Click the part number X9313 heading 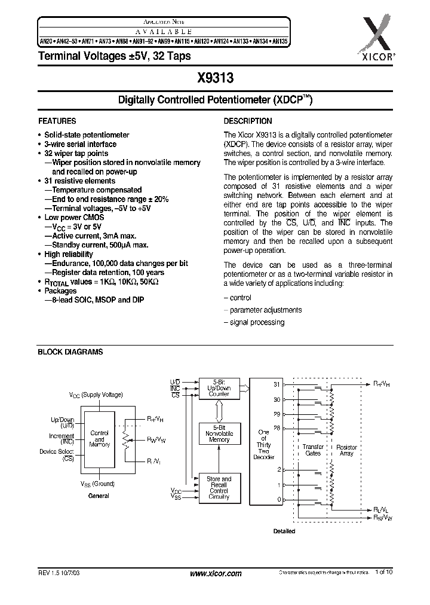click(215, 77)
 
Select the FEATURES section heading click(57, 120)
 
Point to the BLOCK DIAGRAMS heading click(70, 352)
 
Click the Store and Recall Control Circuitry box click(219, 488)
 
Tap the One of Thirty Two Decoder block click(263, 444)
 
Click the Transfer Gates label click(313, 450)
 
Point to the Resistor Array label click(346, 450)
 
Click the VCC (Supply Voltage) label click(96, 395)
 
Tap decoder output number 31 click(276, 384)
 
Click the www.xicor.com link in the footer click(215, 573)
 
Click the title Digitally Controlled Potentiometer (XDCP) click(215, 101)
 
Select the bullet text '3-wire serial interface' click(81, 144)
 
